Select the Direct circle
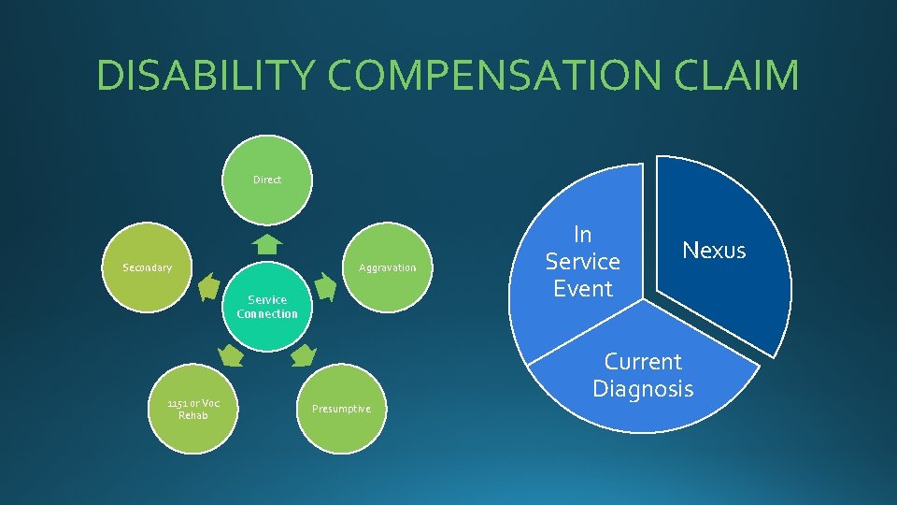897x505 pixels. (267, 180)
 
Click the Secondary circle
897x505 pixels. (148, 267)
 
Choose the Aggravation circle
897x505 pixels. (387, 267)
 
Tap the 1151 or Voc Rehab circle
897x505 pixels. (193, 409)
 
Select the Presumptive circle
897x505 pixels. (340, 409)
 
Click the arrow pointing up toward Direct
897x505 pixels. (267, 245)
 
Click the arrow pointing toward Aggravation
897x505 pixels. (325, 287)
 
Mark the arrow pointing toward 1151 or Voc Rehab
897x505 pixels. (230, 355)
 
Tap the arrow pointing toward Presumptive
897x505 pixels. (305, 355)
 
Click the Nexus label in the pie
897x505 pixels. (714, 250)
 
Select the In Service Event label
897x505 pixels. (582, 261)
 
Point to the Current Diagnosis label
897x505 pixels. (643, 374)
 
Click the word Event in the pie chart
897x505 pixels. (582, 289)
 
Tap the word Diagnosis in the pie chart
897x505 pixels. (643, 388)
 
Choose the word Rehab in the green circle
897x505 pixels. (193, 415)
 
